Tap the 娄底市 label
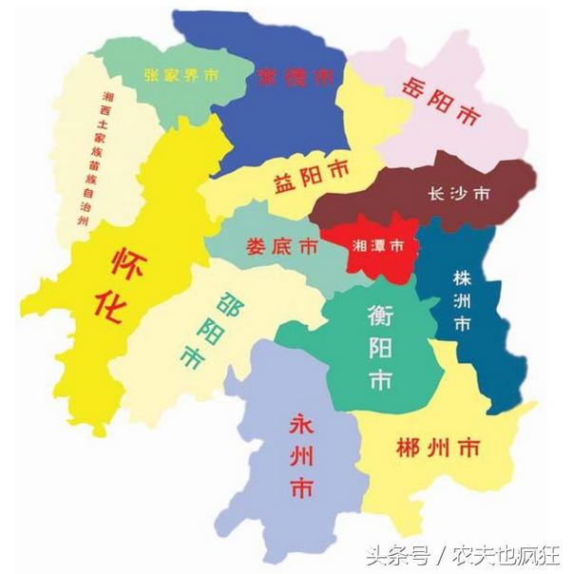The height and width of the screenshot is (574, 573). pyautogui.click(x=281, y=246)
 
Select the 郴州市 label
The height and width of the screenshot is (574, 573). pyautogui.click(x=439, y=445)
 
